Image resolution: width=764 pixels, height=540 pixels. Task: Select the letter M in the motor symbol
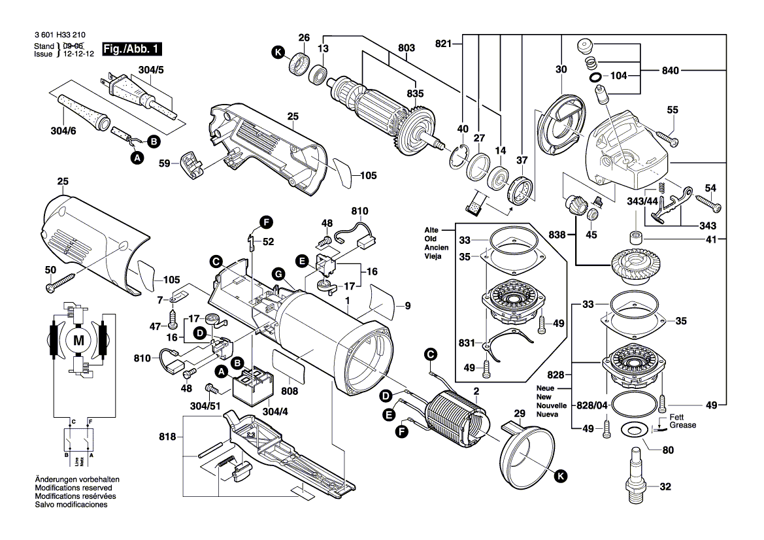(79, 340)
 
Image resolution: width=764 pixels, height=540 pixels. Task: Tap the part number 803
(406, 48)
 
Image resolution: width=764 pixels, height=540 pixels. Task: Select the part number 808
(290, 391)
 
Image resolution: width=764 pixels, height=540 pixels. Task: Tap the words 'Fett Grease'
(682, 422)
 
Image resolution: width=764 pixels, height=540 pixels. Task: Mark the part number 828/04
(590, 406)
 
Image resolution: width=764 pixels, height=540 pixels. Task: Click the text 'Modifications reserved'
(73, 488)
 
